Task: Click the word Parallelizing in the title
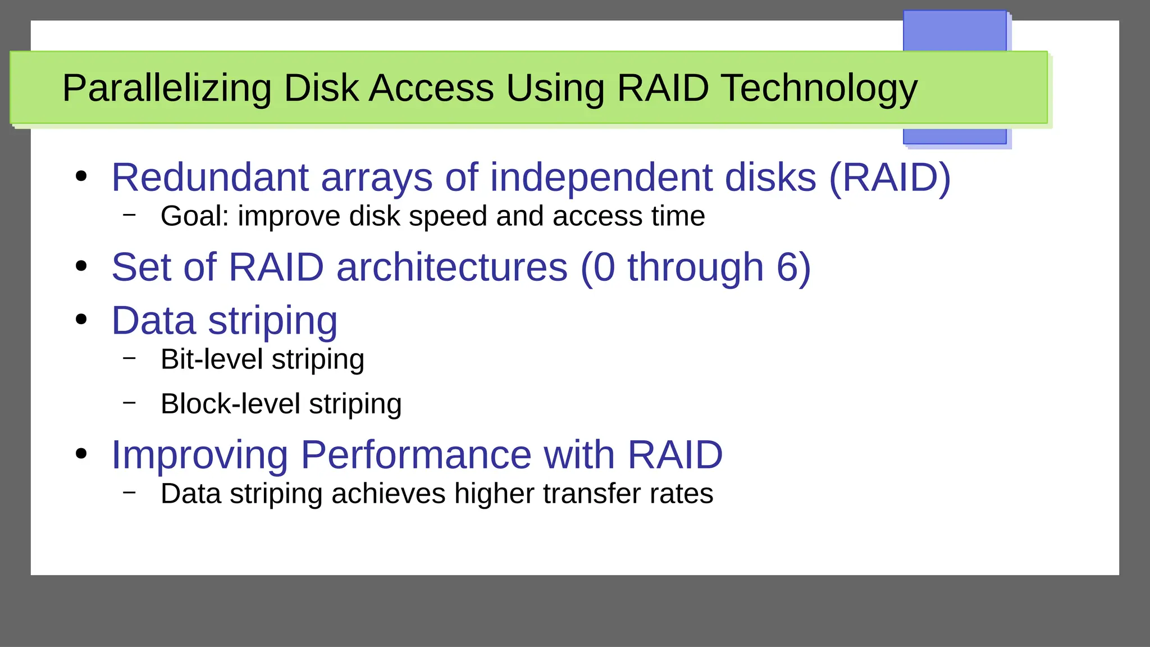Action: [x=166, y=89]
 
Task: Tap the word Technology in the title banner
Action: [x=819, y=89]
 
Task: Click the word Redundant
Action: [x=209, y=177]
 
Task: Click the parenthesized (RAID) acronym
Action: [x=889, y=177]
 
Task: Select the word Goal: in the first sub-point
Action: [x=195, y=216]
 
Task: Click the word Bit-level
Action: [x=211, y=359]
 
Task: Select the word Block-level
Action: [x=230, y=404]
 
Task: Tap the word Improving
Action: [x=199, y=455]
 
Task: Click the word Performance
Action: [x=416, y=455]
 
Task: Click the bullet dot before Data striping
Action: [x=81, y=320]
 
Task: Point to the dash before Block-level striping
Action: [x=130, y=402]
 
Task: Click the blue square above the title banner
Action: [x=954, y=31]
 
